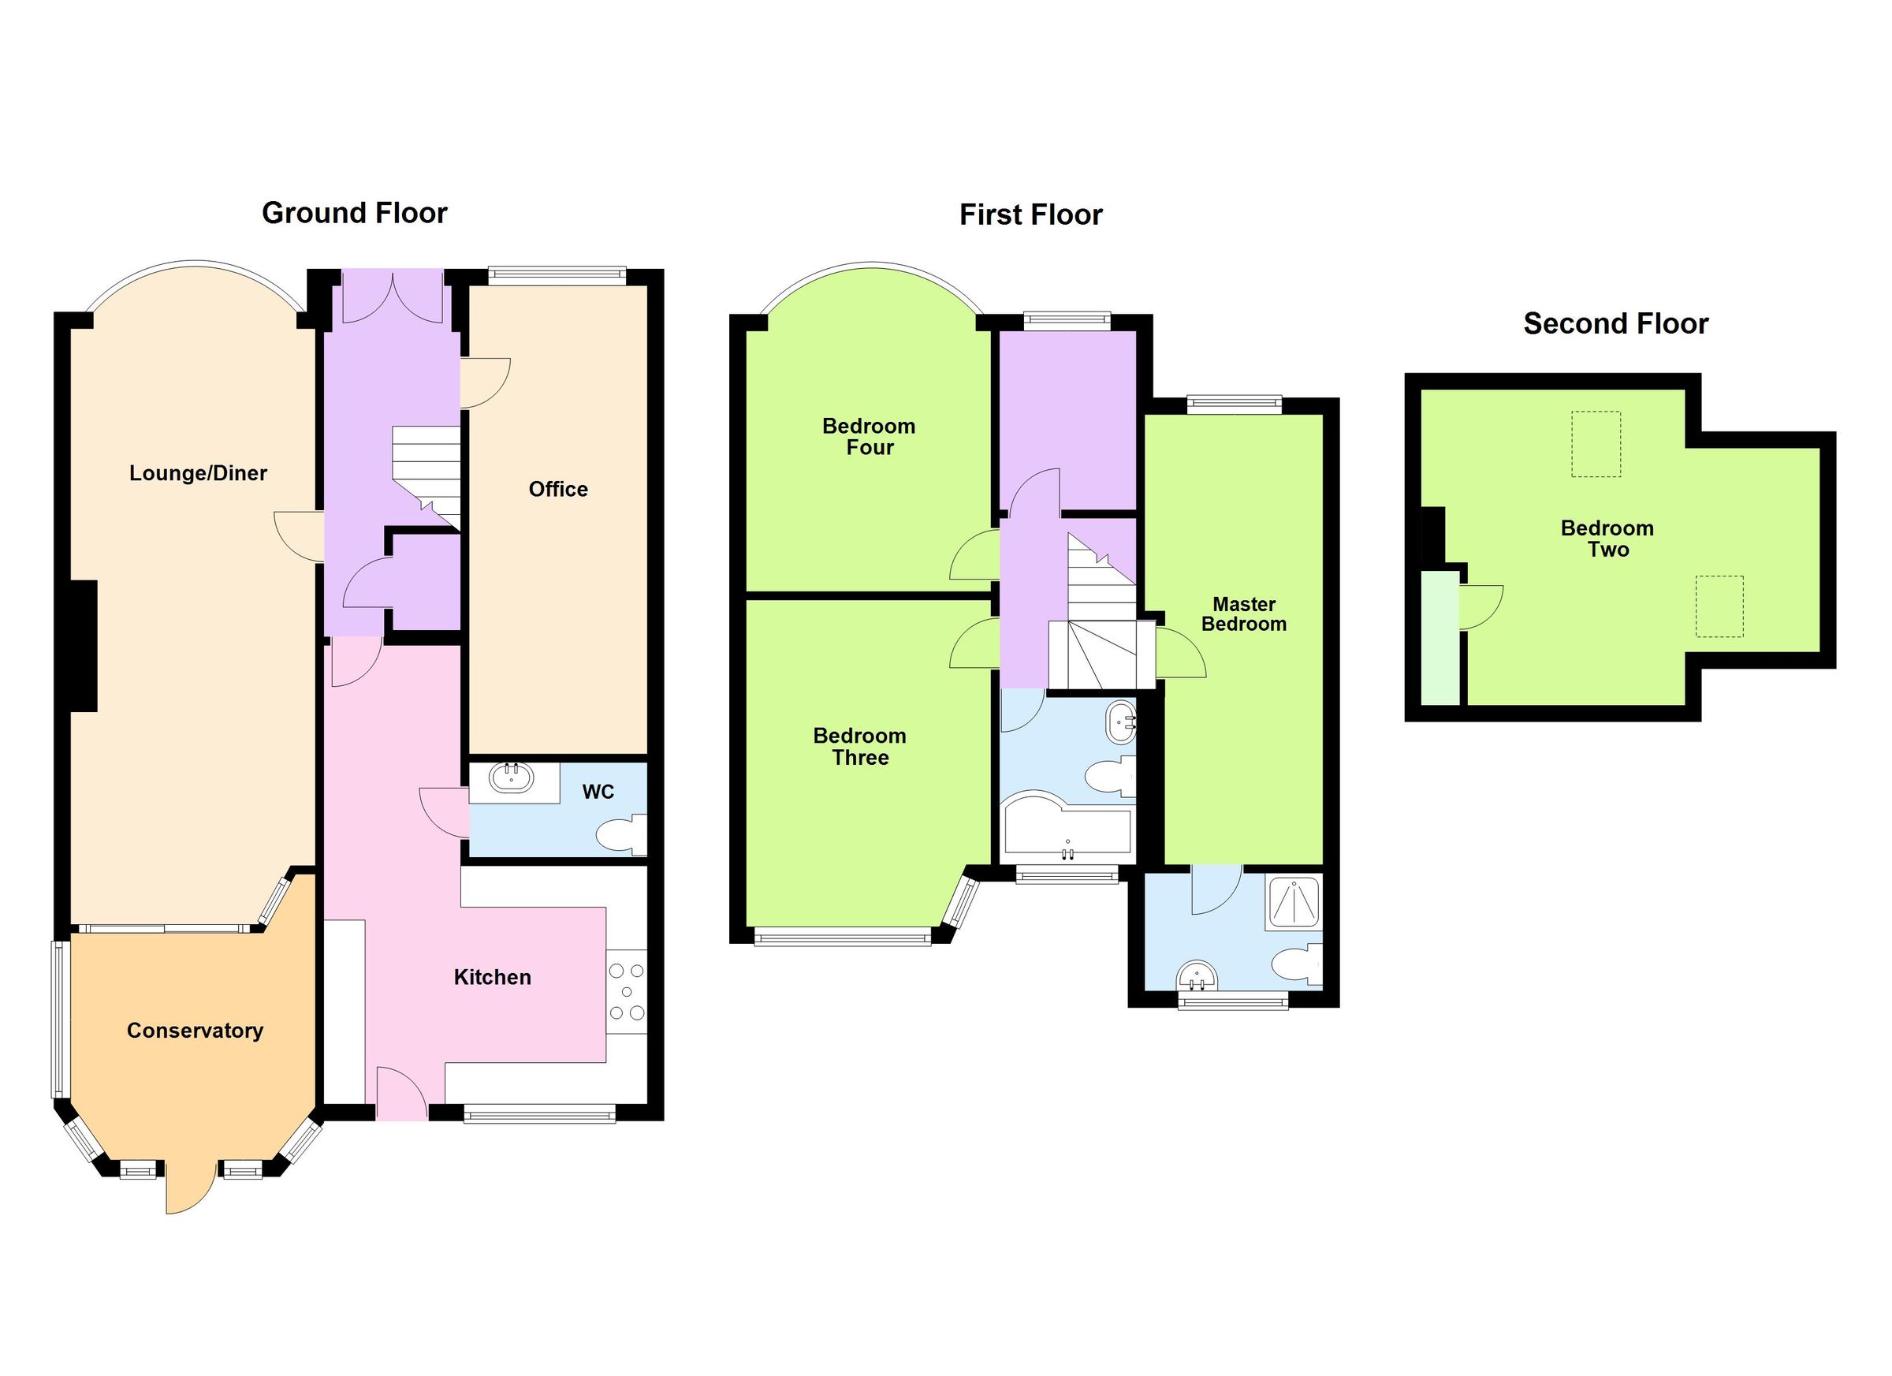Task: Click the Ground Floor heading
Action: click(x=355, y=214)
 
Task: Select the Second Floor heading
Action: click(x=1615, y=324)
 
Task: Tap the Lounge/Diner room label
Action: click(x=198, y=474)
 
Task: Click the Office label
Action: click(x=558, y=490)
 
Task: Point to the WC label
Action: click(x=598, y=792)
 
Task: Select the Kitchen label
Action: click(x=492, y=977)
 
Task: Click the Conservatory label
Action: click(x=195, y=1031)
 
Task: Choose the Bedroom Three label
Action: click(x=859, y=747)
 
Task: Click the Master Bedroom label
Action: click(x=1243, y=614)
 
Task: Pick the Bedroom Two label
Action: click(x=1607, y=539)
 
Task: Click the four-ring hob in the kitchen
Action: click(x=627, y=992)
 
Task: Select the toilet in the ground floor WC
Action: click(x=620, y=836)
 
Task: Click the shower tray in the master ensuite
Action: click(x=1293, y=902)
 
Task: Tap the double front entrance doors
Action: click(x=392, y=297)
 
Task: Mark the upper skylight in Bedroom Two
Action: click(x=1596, y=444)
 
